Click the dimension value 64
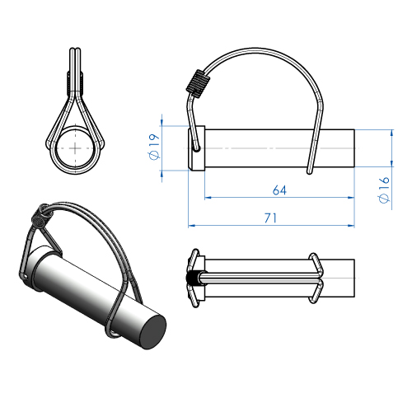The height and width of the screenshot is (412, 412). [x=279, y=190]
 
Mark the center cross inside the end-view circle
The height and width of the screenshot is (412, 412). [x=77, y=146]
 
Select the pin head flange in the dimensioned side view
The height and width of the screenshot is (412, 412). [x=194, y=149]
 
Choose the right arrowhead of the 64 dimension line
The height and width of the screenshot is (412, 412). [x=356, y=199]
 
